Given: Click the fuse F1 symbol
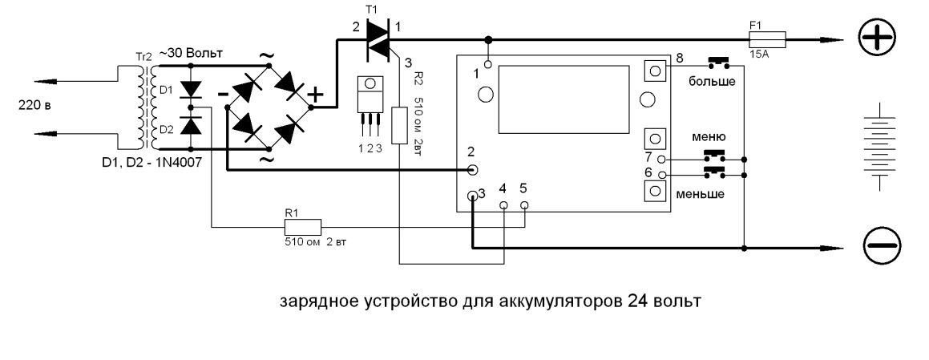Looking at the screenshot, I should pos(769,38).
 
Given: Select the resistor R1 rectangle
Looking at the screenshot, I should pos(303,226).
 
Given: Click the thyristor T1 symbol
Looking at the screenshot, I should pos(378,38).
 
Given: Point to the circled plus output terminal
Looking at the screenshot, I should pos(879,38).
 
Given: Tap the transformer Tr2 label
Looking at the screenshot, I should pos(144,58).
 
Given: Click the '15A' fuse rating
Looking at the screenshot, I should pos(757,53).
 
